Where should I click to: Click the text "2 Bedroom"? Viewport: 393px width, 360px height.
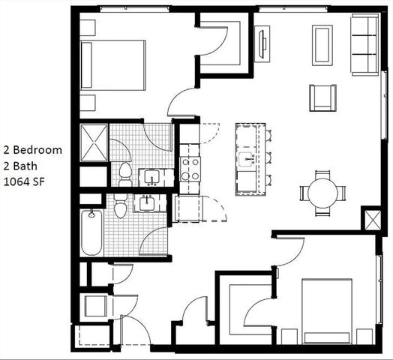(x=31, y=149)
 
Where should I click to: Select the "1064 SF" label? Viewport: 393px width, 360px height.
(x=25, y=181)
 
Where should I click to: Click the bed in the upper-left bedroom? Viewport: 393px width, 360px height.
(x=112, y=64)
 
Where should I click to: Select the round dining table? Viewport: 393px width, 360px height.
(x=322, y=193)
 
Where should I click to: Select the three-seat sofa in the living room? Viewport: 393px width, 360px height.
(x=365, y=45)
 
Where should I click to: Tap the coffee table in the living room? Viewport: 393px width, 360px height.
(x=323, y=45)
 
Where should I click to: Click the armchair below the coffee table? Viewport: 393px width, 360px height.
(x=322, y=97)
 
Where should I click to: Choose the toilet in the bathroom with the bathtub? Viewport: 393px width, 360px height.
(x=121, y=208)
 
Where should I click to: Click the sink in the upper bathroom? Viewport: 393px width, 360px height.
(x=152, y=178)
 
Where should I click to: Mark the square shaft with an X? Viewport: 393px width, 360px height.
(x=373, y=220)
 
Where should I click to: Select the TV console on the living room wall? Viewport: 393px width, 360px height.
(x=262, y=44)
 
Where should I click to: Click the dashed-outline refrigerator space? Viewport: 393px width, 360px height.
(x=188, y=208)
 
